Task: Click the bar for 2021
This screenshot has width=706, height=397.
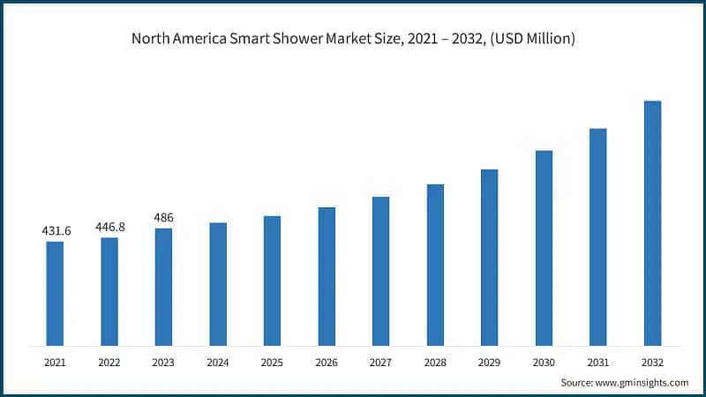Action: click(x=55, y=293)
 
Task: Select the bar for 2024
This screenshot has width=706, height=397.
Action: click(x=218, y=283)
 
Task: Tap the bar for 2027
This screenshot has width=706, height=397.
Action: click(x=380, y=271)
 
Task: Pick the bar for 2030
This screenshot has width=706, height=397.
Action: click(x=544, y=248)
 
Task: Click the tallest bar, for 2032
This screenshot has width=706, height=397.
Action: click(x=652, y=222)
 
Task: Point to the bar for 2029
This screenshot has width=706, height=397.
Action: click(x=489, y=257)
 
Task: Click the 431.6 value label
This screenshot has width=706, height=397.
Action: click(x=56, y=231)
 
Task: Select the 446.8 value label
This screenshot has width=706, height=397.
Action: click(x=109, y=227)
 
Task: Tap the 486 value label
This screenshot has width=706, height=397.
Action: click(x=164, y=217)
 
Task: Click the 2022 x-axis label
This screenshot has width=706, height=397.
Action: click(x=109, y=362)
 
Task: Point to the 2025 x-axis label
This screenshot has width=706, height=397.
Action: click(x=272, y=362)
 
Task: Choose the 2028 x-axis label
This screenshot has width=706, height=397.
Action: click(x=435, y=362)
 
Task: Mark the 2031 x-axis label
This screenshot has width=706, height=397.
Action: click(x=598, y=362)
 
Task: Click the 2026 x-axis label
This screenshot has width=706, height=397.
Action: click(x=327, y=362)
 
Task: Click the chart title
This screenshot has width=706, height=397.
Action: click(x=353, y=38)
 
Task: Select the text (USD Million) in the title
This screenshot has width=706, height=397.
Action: click(x=532, y=38)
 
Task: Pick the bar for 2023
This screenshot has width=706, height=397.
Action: click(x=163, y=287)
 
